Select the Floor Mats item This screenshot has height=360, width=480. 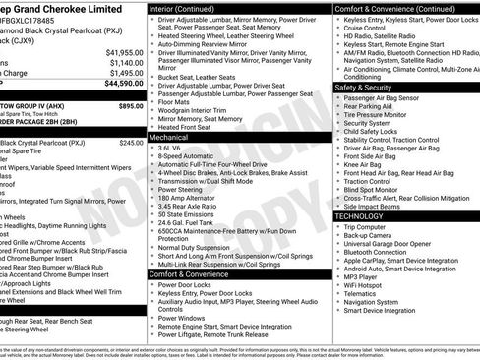pyautogui.click(x=178, y=100)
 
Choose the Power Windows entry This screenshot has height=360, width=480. pyautogui.click(x=184, y=319)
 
